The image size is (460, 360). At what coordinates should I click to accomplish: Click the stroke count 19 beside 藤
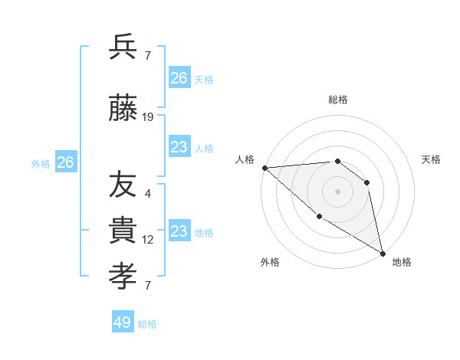148,117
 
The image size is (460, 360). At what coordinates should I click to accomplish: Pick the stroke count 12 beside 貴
148,240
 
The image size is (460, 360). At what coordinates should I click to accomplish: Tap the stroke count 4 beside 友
148,193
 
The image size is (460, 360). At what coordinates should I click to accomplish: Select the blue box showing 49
123,322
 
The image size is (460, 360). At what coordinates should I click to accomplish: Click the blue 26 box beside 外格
65,162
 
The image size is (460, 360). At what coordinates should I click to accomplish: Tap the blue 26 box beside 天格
179,78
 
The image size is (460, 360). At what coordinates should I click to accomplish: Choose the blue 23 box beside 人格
179,147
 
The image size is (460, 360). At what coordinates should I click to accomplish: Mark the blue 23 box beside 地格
179,231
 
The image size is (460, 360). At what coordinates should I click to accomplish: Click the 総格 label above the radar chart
337,100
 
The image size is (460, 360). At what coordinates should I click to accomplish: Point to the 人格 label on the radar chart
245,159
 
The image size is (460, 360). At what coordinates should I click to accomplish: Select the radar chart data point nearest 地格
383,253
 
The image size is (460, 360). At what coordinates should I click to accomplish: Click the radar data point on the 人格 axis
264,168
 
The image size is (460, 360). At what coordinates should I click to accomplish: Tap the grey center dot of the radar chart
337,191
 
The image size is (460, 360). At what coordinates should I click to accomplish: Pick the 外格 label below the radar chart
270,262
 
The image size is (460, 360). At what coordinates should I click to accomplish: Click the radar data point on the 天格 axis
367,182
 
